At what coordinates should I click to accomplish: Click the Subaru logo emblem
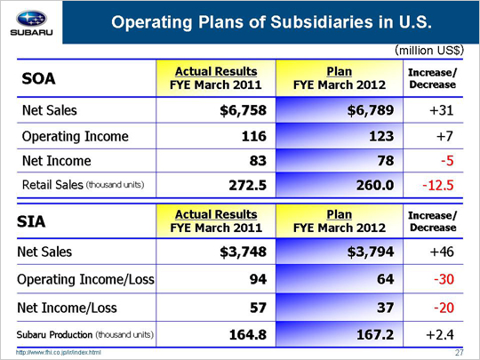[x=31, y=19]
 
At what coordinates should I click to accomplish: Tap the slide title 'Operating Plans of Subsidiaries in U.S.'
[x=271, y=22]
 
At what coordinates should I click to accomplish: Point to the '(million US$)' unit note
[x=429, y=50]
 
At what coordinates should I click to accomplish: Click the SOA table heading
[x=38, y=79]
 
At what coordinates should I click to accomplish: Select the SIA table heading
[x=31, y=221]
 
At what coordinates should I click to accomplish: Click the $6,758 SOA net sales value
[x=243, y=110]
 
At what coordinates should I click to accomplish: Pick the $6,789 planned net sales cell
[x=371, y=110]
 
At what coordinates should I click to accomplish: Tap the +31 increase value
[x=442, y=110]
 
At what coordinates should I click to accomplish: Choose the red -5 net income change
[x=447, y=161]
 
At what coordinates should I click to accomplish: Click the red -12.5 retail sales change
[x=437, y=185]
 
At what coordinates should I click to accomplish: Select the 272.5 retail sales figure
[x=248, y=185]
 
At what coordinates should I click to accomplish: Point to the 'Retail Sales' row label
[x=52, y=185]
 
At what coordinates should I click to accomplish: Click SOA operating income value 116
[x=253, y=136]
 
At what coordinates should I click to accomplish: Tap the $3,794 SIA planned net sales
[x=371, y=252]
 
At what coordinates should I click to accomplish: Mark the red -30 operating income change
[x=444, y=279]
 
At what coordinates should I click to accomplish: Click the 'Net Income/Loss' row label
[x=67, y=308]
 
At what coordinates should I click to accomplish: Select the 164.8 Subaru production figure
[x=248, y=334]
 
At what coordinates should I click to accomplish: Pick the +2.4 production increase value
[x=440, y=334]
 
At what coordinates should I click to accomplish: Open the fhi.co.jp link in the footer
[x=58, y=353]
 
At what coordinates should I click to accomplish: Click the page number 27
[x=460, y=353]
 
